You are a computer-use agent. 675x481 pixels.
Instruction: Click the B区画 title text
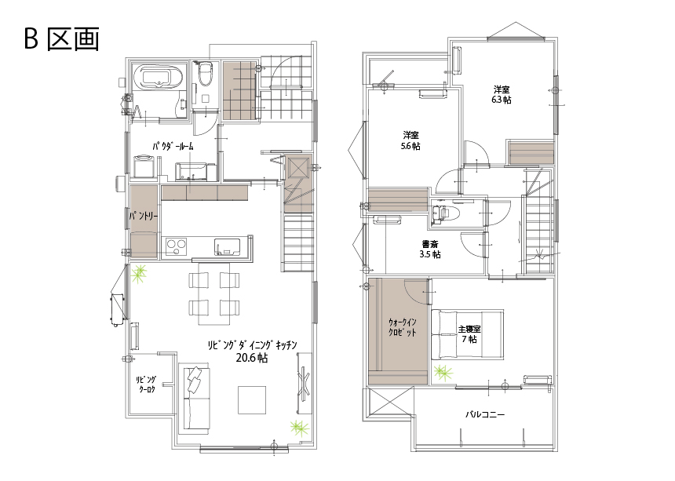click(x=62, y=38)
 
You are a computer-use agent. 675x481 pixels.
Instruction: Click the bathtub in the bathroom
click(x=159, y=78)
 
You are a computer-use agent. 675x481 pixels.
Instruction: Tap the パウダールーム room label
click(x=173, y=146)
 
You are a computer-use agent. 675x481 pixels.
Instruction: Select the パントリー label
click(x=144, y=217)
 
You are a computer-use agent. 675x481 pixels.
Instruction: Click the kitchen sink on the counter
click(x=228, y=246)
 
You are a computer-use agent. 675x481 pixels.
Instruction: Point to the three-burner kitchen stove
click(x=176, y=247)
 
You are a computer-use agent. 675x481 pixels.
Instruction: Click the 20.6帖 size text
click(x=252, y=358)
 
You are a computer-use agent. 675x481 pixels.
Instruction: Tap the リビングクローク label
click(x=146, y=384)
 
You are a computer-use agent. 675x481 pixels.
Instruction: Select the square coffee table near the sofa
click(x=252, y=400)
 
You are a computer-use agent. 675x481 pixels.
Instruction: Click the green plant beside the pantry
click(x=139, y=274)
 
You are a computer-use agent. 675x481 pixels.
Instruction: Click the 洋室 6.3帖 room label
click(x=502, y=95)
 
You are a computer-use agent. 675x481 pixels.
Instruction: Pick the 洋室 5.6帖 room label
click(x=410, y=140)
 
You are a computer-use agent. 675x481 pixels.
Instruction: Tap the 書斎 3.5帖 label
click(x=430, y=249)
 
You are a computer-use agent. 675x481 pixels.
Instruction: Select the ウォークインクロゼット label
click(x=403, y=327)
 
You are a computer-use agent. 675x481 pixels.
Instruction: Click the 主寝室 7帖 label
click(x=469, y=334)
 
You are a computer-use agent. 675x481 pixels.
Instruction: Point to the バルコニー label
click(x=485, y=415)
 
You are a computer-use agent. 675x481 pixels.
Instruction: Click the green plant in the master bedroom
click(x=443, y=373)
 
